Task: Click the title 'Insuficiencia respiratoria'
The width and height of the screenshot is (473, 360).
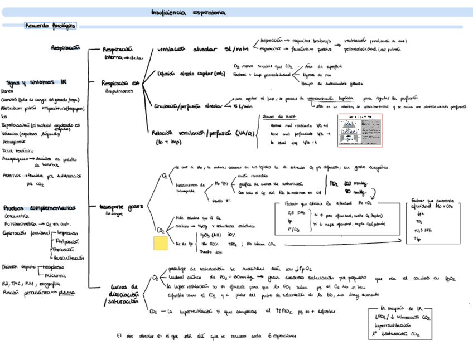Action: [189, 11]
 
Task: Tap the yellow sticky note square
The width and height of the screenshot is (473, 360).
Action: [161, 243]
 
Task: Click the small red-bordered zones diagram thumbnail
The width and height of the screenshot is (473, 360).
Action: [359, 131]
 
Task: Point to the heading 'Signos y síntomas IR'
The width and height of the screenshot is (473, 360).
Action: [36, 82]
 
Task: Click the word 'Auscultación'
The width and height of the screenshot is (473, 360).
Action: [69, 258]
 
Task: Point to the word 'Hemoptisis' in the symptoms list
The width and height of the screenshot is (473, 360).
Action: [14, 142]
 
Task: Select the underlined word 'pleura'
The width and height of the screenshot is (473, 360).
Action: [67, 291]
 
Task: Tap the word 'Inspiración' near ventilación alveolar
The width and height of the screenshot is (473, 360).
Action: [271, 41]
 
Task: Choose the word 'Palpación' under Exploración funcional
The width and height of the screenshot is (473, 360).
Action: [67, 241]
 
